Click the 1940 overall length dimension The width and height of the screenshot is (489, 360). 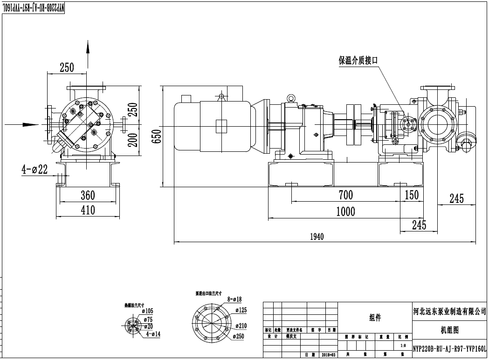click(x=317, y=237)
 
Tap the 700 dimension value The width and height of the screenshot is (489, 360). click(x=345, y=195)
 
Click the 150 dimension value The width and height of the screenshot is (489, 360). click(x=412, y=195)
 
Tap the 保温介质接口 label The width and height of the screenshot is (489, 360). click(x=358, y=61)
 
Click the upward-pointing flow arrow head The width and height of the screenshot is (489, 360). click(x=87, y=46)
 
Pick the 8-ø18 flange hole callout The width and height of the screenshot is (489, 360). click(x=234, y=299)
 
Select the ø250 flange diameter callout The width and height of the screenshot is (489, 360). click(x=239, y=337)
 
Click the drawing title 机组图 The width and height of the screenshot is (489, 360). click(x=449, y=330)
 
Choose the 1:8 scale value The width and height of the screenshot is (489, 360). click(x=403, y=346)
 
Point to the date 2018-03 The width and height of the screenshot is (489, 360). click(x=328, y=355)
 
